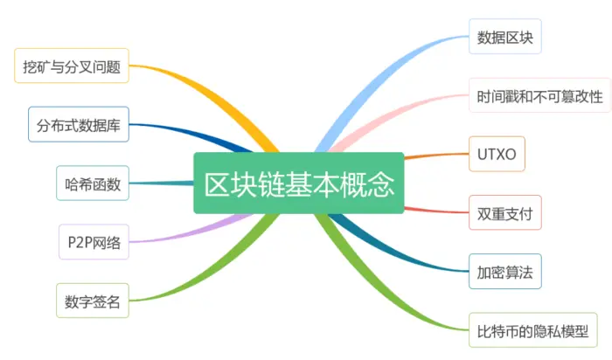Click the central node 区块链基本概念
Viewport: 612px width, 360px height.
299,183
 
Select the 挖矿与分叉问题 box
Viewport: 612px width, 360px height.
72,66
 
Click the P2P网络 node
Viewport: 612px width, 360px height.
94,242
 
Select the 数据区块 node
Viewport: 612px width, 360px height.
504,38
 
